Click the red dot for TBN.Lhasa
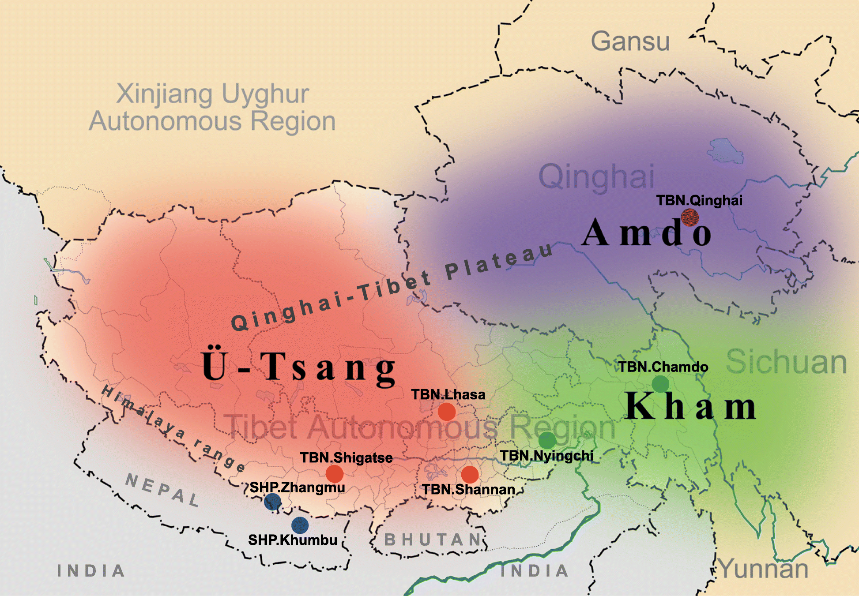447,412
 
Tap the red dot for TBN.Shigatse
335,474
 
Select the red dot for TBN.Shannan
470,475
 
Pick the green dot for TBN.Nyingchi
547,440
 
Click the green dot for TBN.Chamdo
660,384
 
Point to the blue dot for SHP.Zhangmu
272,502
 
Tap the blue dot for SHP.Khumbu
300,525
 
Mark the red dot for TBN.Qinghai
689,217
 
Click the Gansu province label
630,41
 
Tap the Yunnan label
764,569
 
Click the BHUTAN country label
433,540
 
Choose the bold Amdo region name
646,232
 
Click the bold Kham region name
690,406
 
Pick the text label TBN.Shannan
468,490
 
